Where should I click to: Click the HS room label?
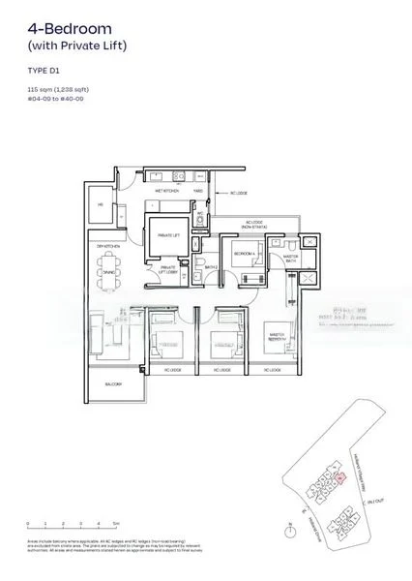point(100,203)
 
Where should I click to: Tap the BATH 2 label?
point(209,266)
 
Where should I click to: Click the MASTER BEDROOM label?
point(278,338)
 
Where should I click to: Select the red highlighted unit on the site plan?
point(338,477)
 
